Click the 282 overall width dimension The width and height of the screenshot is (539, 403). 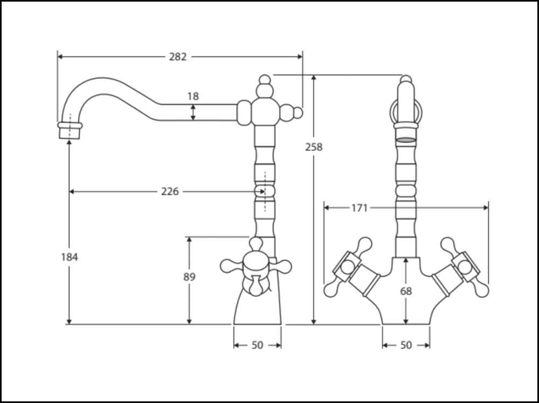(178, 57)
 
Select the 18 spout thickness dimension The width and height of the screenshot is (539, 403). (193, 97)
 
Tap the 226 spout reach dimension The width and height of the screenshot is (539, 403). (170, 192)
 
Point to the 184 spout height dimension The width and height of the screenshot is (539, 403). (69, 257)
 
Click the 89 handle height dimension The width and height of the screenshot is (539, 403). (189, 277)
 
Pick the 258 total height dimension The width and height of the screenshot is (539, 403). (314, 147)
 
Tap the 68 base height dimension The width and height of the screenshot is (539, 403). (406, 291)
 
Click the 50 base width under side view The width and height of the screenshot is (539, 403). (258, 345)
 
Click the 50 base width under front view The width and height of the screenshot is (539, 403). (406, 345)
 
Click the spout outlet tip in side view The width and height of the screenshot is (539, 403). (70, 131)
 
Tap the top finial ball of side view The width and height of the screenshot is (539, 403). (264, 80)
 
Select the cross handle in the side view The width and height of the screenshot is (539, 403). (256, 266)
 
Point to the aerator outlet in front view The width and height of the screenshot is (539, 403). (406, 140)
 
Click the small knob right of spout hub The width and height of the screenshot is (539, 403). (298, 113)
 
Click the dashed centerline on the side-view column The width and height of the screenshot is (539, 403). (265, 192)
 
